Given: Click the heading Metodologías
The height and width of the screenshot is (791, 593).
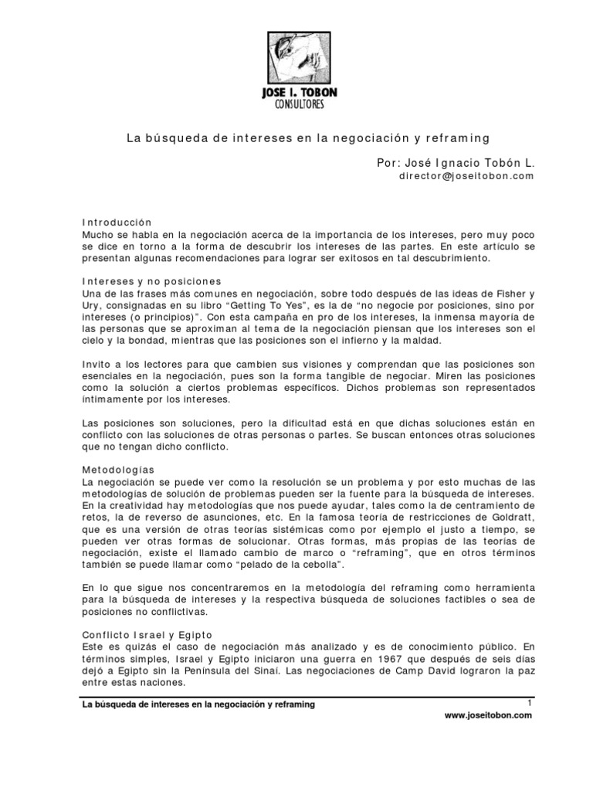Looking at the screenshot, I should (117, 469).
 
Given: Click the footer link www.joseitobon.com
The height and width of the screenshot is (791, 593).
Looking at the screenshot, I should (489, 716).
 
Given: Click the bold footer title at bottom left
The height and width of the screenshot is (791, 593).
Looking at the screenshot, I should (198, 704).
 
